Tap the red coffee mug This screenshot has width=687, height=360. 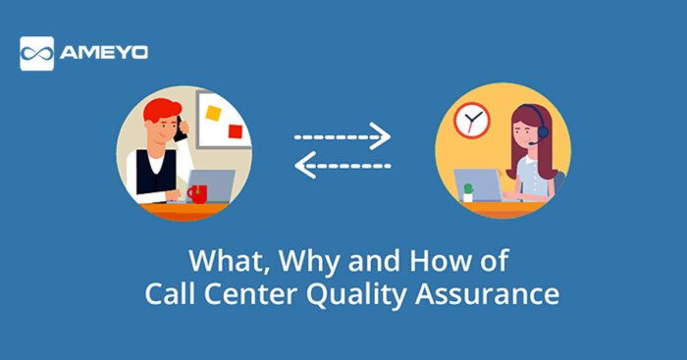coord(196,193)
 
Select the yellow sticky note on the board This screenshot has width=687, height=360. coord(212,113)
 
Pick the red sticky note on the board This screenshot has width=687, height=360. coord(233,130)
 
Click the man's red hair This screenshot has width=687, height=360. coord(158,110)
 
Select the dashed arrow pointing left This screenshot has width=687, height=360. coord(343,170)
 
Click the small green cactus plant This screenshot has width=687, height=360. coord(468,188)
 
